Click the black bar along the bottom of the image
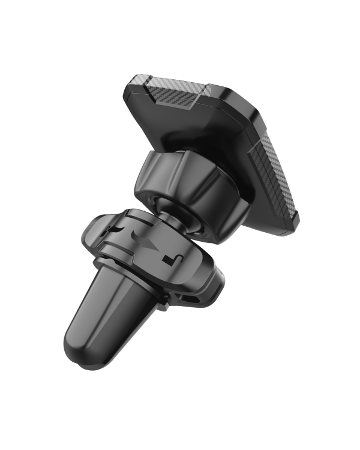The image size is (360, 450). click(x=180, y=427)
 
